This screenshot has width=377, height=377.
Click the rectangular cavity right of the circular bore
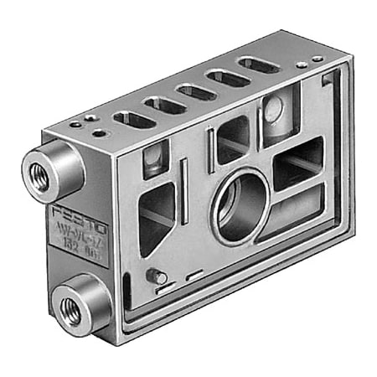(297, 163)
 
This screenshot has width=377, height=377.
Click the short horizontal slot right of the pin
(194, 275)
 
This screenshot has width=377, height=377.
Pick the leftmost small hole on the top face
(75, 124)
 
